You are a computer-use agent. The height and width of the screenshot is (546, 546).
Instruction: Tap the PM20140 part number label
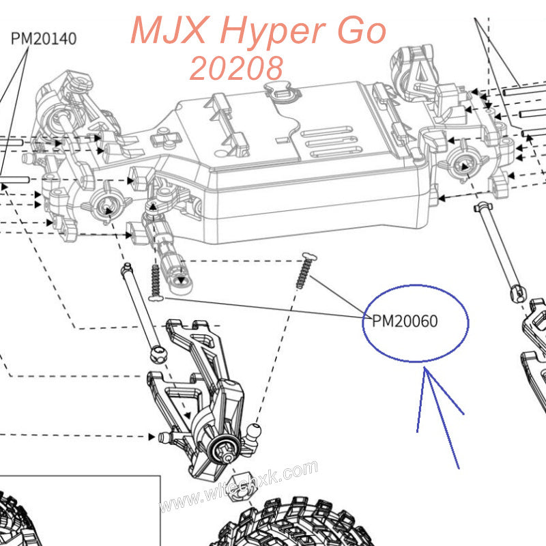click(44, 38)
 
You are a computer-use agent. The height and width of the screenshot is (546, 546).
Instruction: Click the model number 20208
click(237, 68)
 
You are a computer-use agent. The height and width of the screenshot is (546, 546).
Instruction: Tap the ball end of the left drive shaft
click(158, 354)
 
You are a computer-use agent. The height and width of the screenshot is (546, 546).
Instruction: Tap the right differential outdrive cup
click(461, 165)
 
